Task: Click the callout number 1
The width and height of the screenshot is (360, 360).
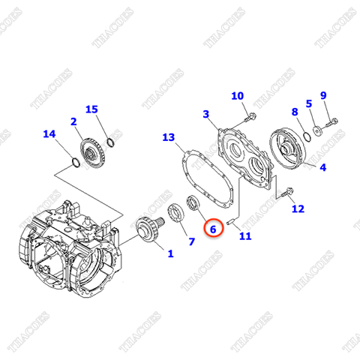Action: pos(170,253)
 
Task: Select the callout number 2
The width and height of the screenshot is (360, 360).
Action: pos(74,121)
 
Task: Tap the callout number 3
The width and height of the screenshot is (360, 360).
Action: pos(205,114)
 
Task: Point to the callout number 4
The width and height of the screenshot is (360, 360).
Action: pos(322,168)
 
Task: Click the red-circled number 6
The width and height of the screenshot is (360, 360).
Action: pos(213,227)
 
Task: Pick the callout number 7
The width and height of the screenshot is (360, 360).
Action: pos(191,241)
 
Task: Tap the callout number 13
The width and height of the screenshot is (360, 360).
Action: pos(168,137)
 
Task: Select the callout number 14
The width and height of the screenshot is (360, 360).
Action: pos(49,135)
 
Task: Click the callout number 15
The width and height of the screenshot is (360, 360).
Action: pos(91,109)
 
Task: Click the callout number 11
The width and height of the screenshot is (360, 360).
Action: pos(244,236)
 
